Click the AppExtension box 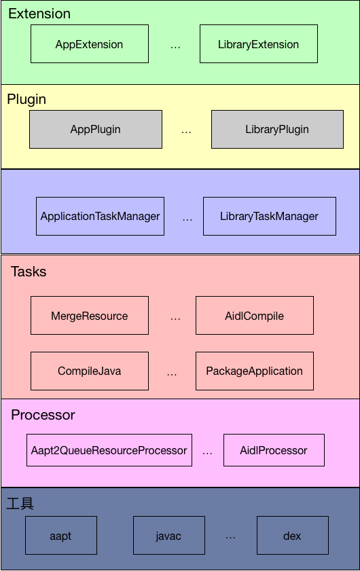[x=90, y=43]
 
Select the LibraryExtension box [x=259, y=43]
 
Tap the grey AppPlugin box [x=96, y=129]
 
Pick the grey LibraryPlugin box [x=277, y=129]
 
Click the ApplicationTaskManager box [x=101, y=217]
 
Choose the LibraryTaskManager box [x=270, y=217]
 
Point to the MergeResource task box [x=90, y=315]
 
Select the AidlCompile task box [x=255, y=315]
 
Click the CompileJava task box [x=90, y=371]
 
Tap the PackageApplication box [x=255, y=371]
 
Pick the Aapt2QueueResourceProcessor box [x=109, y=450]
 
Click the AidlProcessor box [x=274, y=450]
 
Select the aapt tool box [x=61, y=535]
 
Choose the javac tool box [x=169, y=535]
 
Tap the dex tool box [x=293, y=535]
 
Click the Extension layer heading [x=39, y=14]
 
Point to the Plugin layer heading [x=26, y=99]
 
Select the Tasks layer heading [x=29, y=272]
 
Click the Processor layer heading [x=43, y=415]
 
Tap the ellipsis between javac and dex [x=230, y=538]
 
